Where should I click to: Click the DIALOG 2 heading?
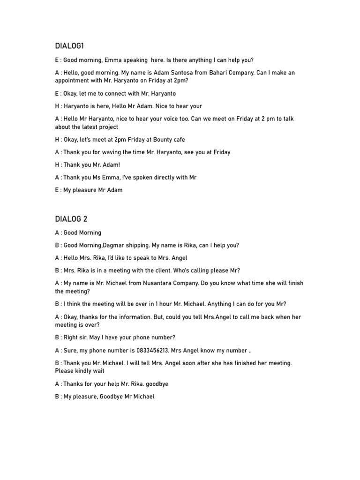71,219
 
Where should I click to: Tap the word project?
107,127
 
